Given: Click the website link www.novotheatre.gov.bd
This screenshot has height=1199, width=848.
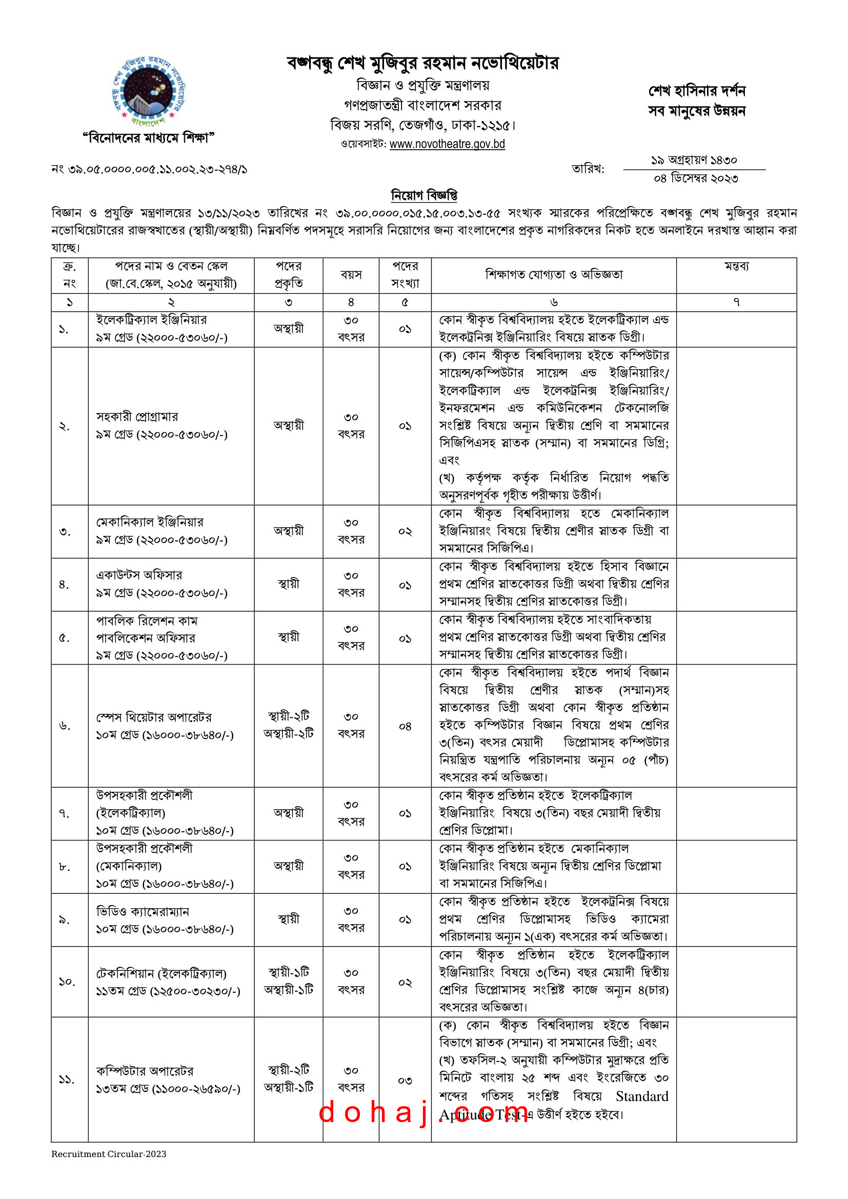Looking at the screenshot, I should [447, 144].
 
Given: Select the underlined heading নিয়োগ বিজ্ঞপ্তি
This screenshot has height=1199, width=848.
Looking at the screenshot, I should [424, 195].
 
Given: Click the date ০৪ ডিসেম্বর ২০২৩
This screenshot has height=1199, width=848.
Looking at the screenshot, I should [696, 178].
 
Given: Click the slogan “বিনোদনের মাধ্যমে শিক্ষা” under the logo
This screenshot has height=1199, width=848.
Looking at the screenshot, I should [149, 138].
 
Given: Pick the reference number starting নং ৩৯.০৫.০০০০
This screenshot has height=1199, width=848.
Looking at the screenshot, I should [149, 169].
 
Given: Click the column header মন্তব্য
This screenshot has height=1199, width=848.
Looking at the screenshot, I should [736, 266].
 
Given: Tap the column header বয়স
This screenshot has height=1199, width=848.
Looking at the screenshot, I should [351, 275].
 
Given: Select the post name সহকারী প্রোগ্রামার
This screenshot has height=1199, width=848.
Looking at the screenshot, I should [137, 417].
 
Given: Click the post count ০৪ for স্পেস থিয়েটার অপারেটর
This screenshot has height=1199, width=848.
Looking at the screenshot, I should [405, 726].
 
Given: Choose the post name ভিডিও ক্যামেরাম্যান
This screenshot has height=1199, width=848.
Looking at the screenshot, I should [143, 912].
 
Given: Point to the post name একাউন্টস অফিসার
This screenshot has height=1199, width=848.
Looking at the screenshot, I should [139, 575].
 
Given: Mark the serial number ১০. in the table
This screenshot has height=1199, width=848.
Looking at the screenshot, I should [66, 982].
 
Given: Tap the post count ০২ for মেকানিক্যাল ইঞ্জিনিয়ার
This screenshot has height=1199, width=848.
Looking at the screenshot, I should [405, 532].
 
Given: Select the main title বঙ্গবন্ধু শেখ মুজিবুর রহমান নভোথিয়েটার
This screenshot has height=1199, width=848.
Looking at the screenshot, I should [423, 63].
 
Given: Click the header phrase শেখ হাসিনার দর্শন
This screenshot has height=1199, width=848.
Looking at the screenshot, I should [697, 91].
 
